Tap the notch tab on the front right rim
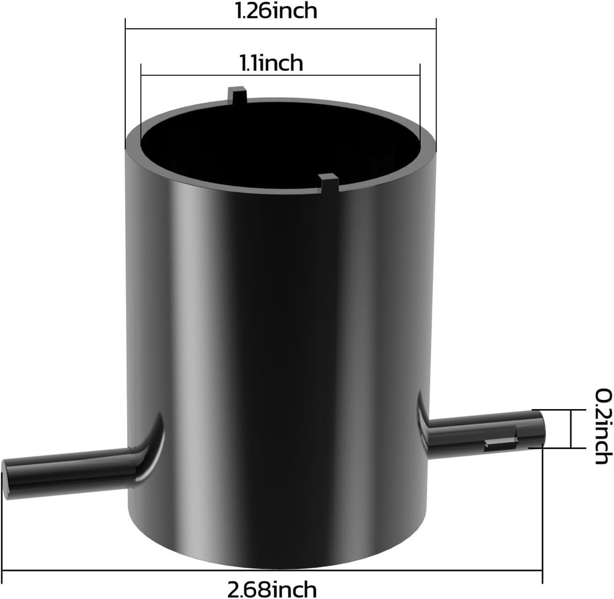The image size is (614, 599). pyautogui.click(x=328, y=181)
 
